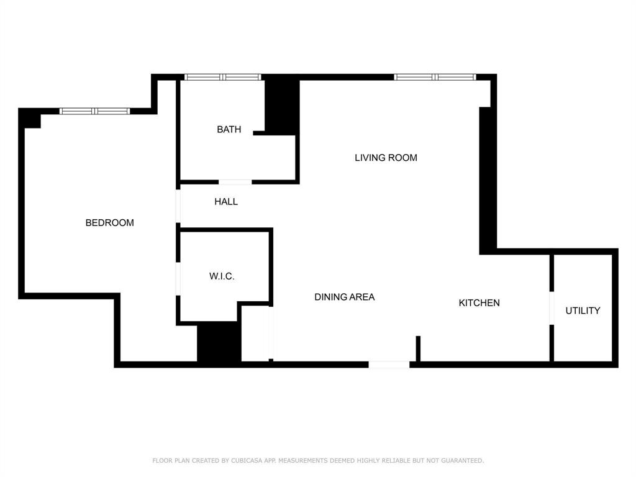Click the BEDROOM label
[x=109, y=223]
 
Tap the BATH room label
[x=229, y=129]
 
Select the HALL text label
[x=226, y=202]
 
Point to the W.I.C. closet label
[x=222, y=276]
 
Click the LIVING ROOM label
[x=386, y=158]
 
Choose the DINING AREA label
[x=344, y=297]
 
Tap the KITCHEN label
[x=479, y=303]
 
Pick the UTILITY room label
[x=583, y=311]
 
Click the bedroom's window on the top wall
[x=95, y=111]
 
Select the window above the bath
[x=223, y=77]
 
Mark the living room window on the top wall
[x=435, y=77]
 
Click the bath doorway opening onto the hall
[x=235, y=182]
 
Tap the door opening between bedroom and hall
[x=178, y=206]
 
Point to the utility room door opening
[x=552, y=308]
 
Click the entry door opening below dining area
[x=389, y=365]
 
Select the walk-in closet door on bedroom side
[x=178, y=279]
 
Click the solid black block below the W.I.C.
[x=219, y=343]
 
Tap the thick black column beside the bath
[x=283, y=106]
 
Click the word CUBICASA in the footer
[x=247, y=460]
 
